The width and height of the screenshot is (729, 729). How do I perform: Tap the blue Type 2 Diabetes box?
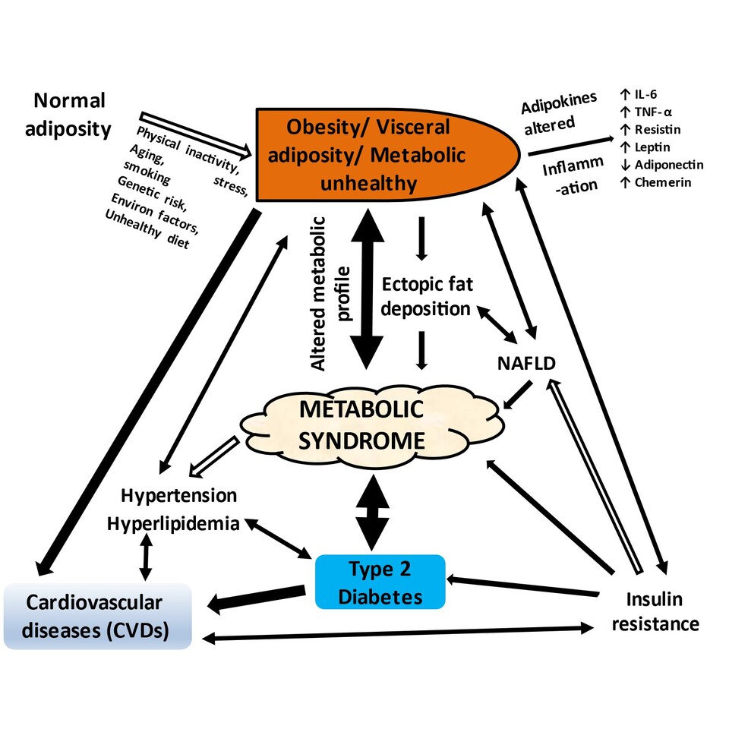(x=380, y=582)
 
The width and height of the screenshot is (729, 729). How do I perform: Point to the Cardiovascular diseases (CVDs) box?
(x=94, y=616)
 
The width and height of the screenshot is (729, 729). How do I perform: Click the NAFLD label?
(x=524, y=364)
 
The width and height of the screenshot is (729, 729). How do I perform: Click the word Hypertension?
(x=179, y=496)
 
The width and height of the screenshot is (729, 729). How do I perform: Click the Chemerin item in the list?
(x=655, y=182)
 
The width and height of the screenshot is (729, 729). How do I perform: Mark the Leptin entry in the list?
(x=649, y=147)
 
